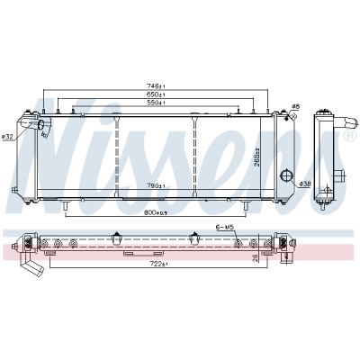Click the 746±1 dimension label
coord(156,86)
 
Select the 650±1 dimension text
coord(156,94)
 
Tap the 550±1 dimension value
coord(156,103)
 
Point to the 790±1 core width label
coord(156,186)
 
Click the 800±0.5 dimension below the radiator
coord(156,212)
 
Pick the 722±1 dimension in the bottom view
coord(159,264)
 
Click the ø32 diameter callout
coord(6,137)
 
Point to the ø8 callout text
coord(295,106)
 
